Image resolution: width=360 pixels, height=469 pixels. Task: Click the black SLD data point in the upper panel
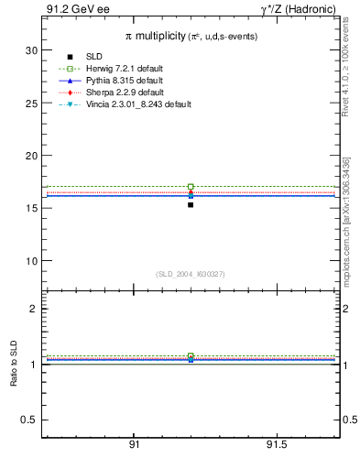pyautogui.click(x=191, y=204)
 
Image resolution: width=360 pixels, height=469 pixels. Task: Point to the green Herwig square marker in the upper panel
pyautogui.click(x=191, y=187)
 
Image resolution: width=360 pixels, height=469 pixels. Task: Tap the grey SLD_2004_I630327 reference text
pyautogui.click(x=191, y=274)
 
